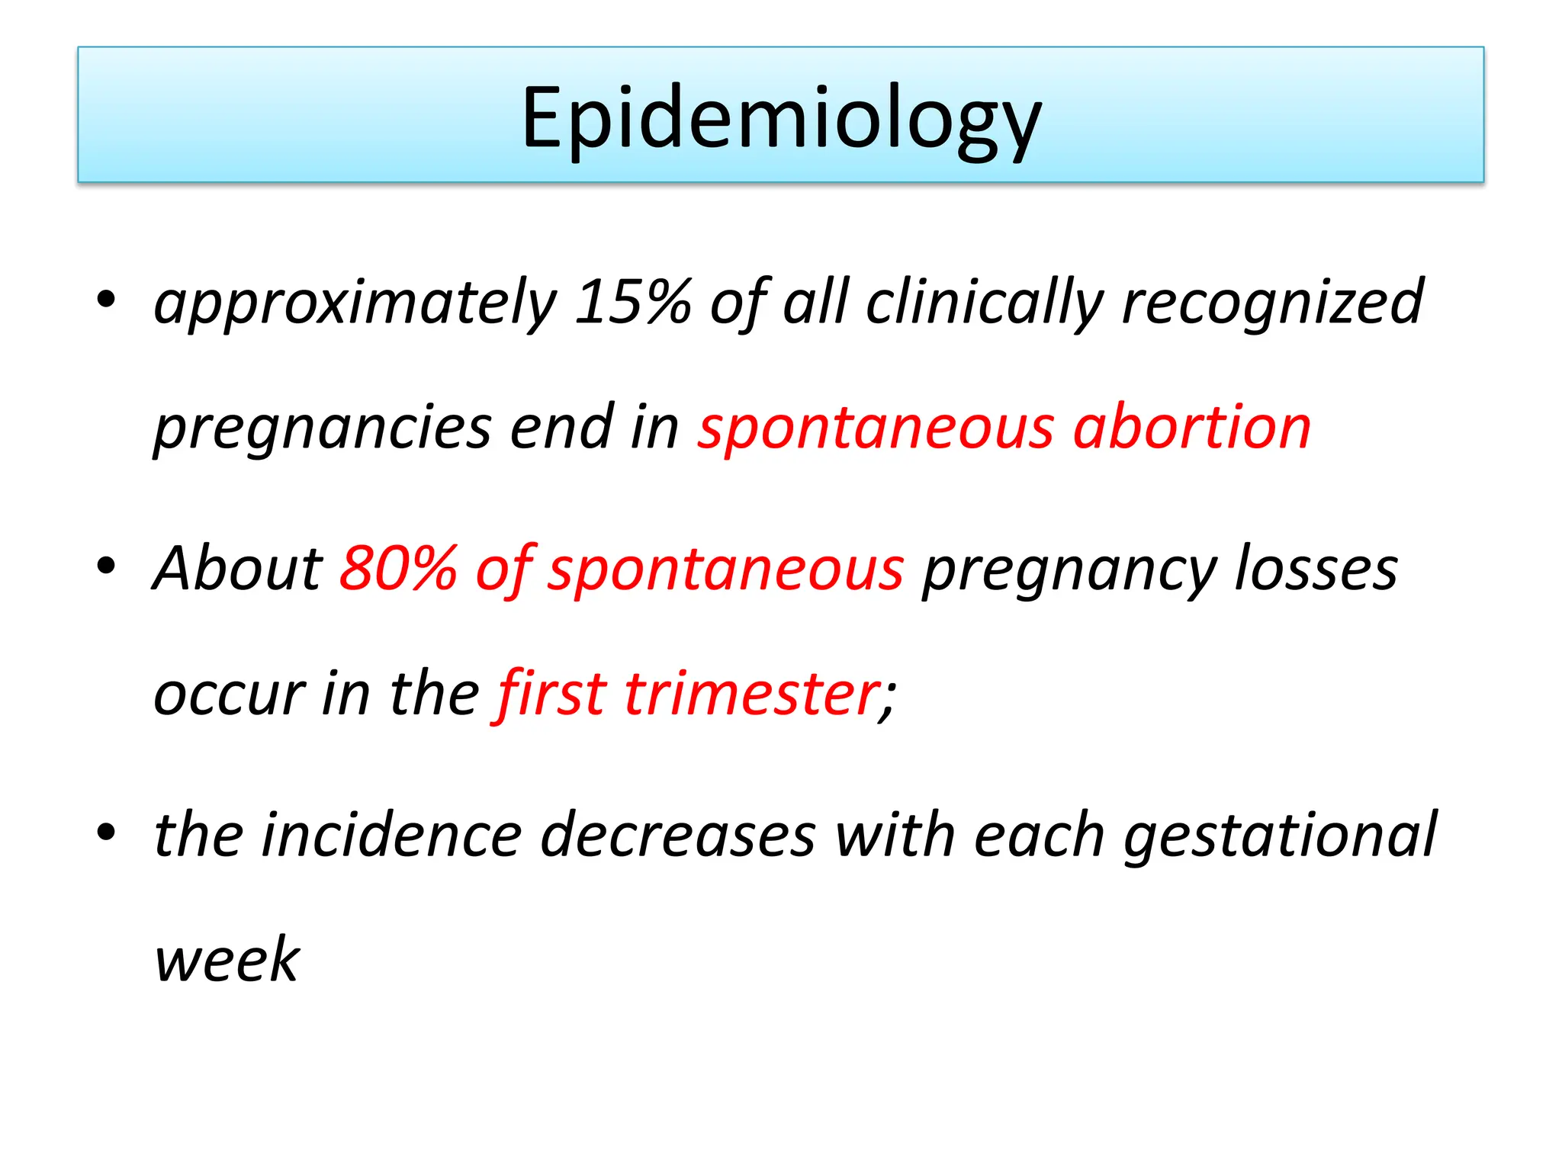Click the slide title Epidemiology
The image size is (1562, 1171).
[780, 119]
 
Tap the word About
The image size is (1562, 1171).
[238, 568]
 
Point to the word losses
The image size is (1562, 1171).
[1316, 568]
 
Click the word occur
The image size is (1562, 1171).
[229, 694]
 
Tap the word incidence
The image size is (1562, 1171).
[391, 834]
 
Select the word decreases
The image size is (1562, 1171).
[678, 834]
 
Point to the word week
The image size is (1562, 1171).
[227, 959]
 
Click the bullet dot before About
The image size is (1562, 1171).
[106, 566]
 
